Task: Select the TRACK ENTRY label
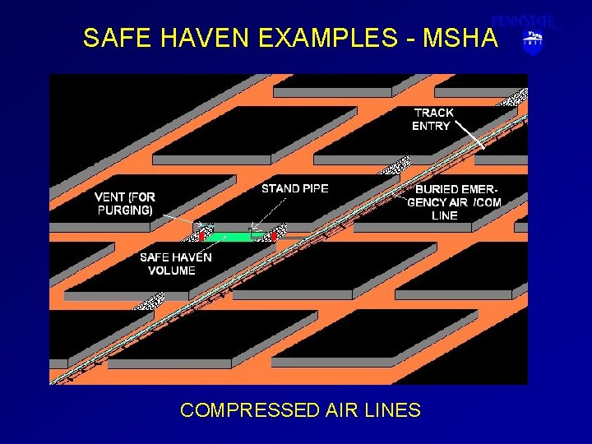click(432, 119)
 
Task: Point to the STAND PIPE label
click(294, 188)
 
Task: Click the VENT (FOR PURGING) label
click(124, 203)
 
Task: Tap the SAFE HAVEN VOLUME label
click(175, 264)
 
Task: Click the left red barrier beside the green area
click(201, 234)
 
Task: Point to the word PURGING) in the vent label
click(125, 210)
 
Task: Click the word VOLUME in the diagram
click(172, 271)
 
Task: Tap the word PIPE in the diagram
click(313, 188)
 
